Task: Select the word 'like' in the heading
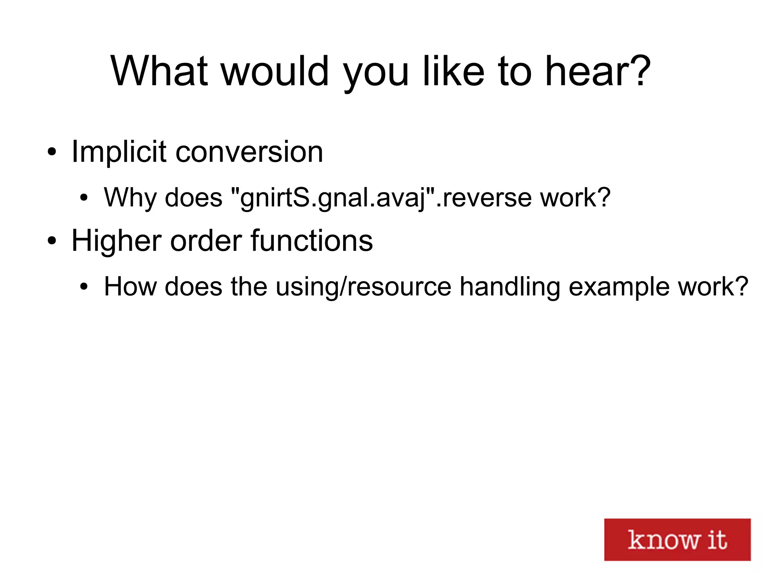pos(453,71)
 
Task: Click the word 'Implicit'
pos(119,152)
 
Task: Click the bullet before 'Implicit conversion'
pos(52,152)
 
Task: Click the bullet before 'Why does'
pos(84,198)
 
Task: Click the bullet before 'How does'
pos(84,287)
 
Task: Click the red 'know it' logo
pos(677,539)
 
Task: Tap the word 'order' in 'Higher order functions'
pos(206,241)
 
